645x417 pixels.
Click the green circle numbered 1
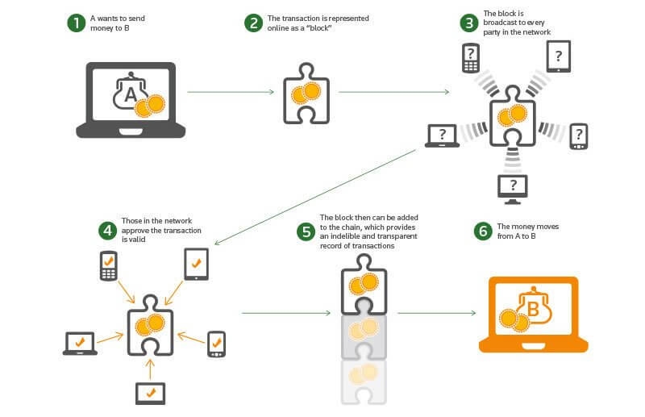(76, 23)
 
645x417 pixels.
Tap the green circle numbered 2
(254, 23)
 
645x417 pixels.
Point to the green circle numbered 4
(106, 230)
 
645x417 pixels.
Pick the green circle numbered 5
(305, 232)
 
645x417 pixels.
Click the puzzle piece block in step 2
(305, 96)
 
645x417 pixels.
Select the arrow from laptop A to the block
(230, 92)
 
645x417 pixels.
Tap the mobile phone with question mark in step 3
(470, 57)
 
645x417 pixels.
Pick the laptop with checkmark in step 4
(80, 343)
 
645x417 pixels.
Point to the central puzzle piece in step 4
(148, 327)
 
